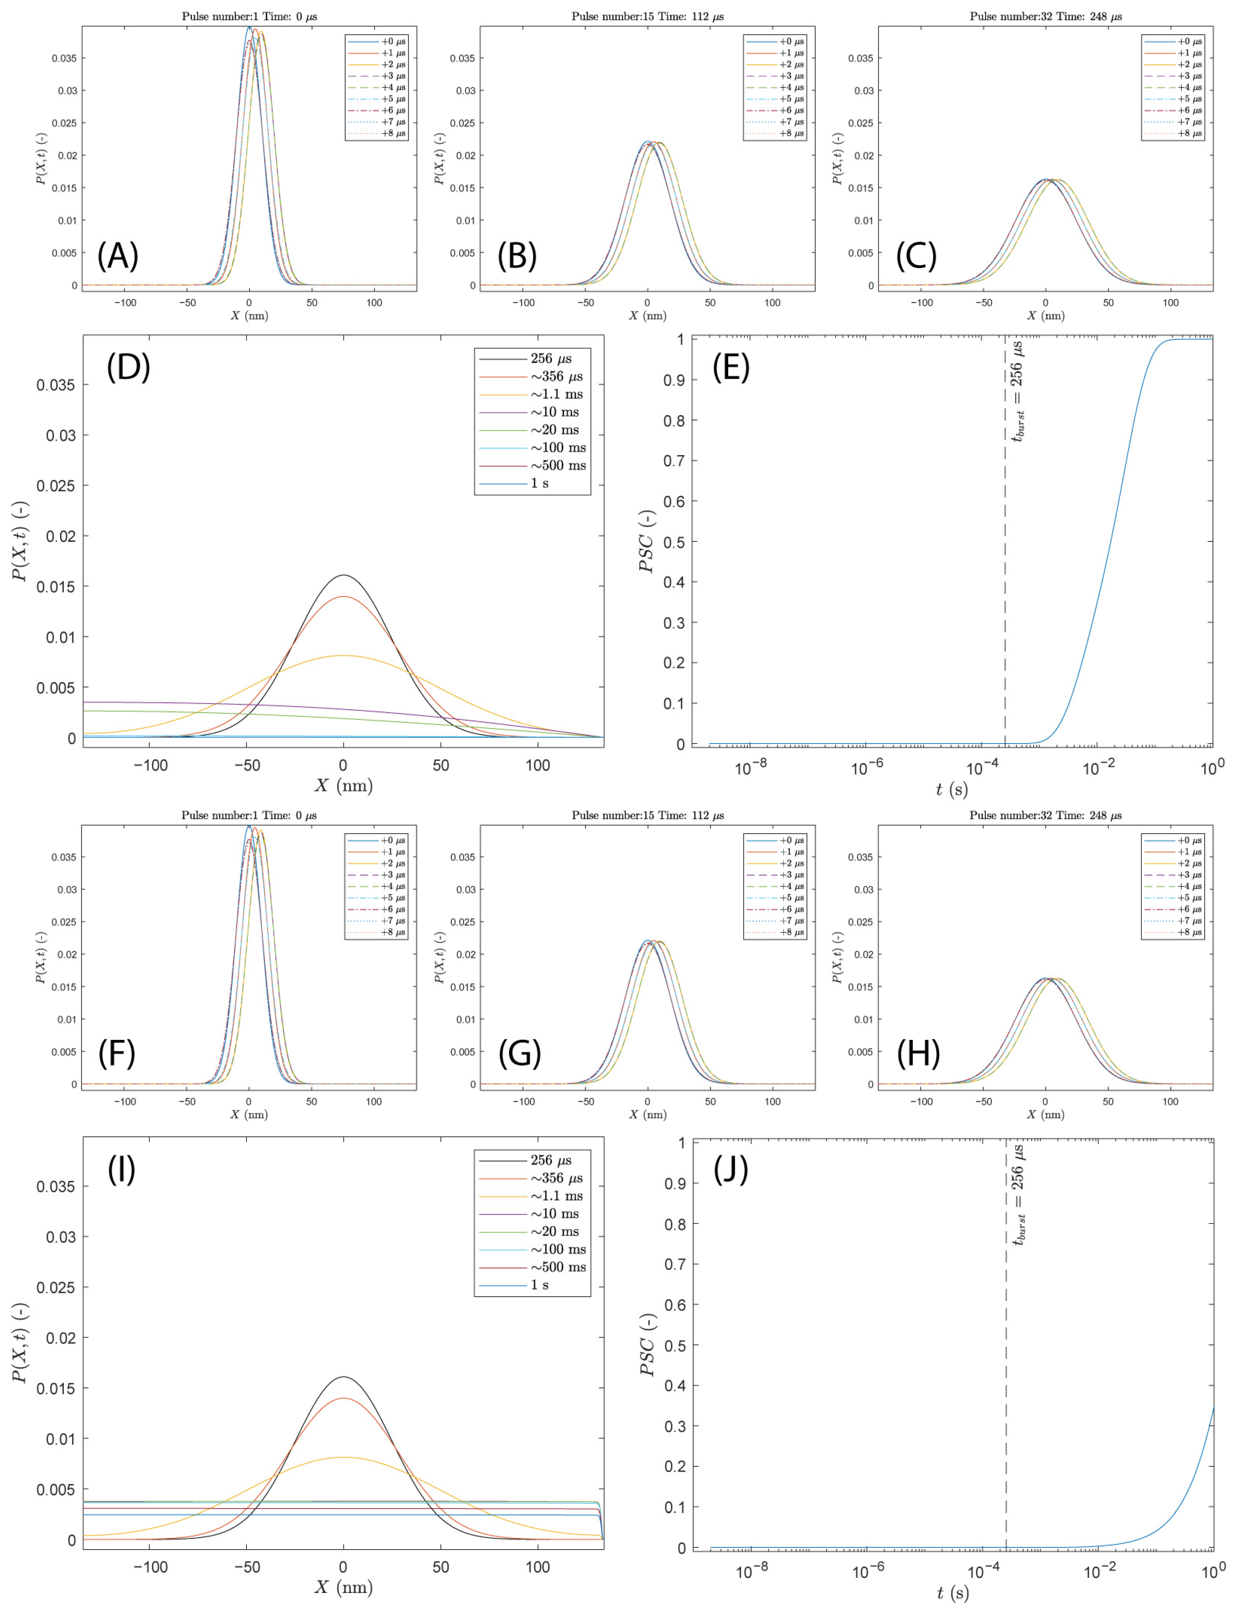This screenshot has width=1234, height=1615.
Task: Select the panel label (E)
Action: pyautogui.click(x=731, y=367)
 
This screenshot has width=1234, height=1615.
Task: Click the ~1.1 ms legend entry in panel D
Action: pyautogui.click(x=556, y=394)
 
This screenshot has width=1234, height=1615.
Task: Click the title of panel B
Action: pyautogui.click(x=647, y=16)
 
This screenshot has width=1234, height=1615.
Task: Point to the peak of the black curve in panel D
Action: pyautogui.click(x=343, y=575)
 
